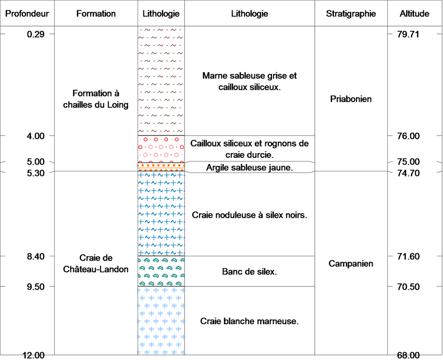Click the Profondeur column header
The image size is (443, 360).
click(27, 14)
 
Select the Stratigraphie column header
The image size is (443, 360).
click(351, 14)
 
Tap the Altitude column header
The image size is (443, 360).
click(414, 14)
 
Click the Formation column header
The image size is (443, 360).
click(96, 14)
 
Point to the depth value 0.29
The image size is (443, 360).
click(35, 34)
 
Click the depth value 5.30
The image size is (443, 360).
click(35, 173)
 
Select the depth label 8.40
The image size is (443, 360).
click(35, 256)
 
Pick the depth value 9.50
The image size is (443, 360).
click(35, 287)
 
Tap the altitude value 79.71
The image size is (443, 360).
click(408, 34)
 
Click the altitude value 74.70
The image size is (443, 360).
click(408, 173)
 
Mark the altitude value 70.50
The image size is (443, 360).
click(408, 287)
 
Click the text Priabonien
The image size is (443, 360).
click(351, 99)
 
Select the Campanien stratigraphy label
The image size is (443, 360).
click(351, 264)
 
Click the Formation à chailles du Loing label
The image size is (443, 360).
click(96, 99)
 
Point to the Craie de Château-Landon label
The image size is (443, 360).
click(96, 264)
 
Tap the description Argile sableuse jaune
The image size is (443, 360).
click(250, 167)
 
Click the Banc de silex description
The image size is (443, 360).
click(250, 271)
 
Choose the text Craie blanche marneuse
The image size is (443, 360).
click(250, 321)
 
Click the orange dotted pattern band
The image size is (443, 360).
click(162, 167)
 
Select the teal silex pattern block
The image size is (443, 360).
click(162, 271)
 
